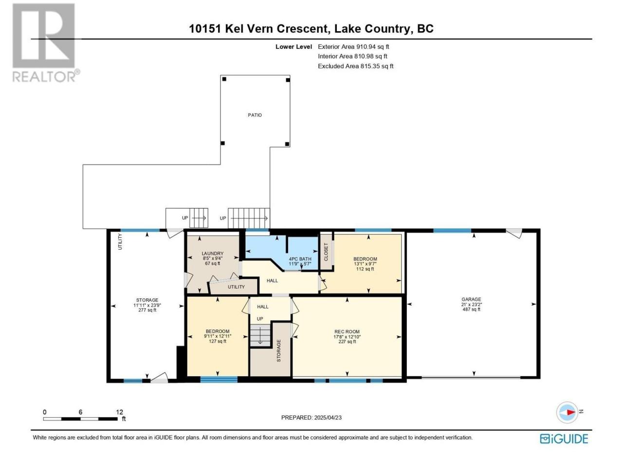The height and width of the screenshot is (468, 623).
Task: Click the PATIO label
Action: coord(255,115)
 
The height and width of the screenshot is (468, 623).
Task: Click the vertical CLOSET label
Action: coord(326,252)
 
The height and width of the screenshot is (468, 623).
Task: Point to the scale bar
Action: coord(80,419)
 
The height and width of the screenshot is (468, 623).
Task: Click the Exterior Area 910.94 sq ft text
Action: coord(353,47)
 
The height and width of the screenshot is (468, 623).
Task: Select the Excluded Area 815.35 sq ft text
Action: coord(356,66)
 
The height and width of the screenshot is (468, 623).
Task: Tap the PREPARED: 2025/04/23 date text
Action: coord(311,417)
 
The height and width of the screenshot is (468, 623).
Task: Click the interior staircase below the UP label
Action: coord(260,336)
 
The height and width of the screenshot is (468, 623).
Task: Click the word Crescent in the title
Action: coord(303,29)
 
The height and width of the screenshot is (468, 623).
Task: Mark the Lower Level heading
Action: coord(293,47)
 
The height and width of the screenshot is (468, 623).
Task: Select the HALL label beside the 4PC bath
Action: coord(272,281)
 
